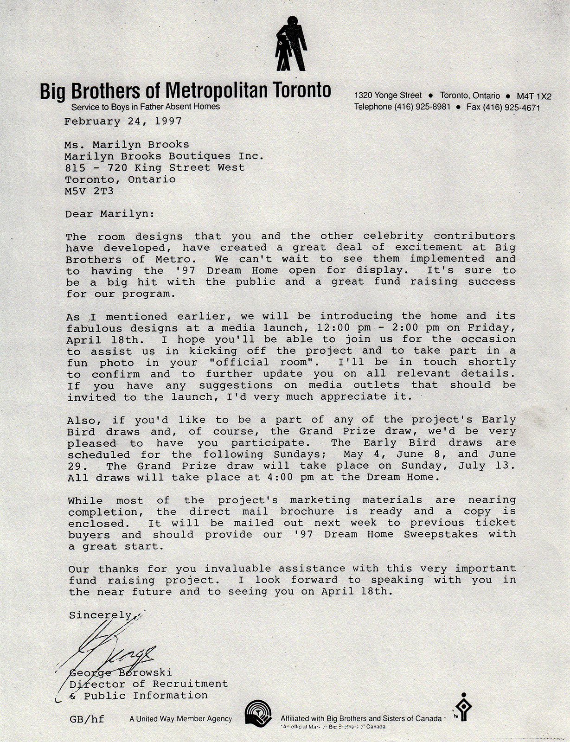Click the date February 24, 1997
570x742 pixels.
coord(123,122)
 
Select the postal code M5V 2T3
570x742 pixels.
coord(89,191)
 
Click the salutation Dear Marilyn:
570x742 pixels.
coord(109,214)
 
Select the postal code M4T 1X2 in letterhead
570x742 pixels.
coord(534,96)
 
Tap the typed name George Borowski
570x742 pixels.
coord(121,672)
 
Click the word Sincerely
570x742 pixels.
coord(100,615)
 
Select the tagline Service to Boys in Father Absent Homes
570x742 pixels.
coord(145,107)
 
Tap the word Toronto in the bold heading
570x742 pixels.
coord(302,90)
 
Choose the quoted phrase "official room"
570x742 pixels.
coord(262,362)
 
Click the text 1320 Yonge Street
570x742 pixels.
coord(388,96)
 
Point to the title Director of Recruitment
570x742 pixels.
coord(148,684)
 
